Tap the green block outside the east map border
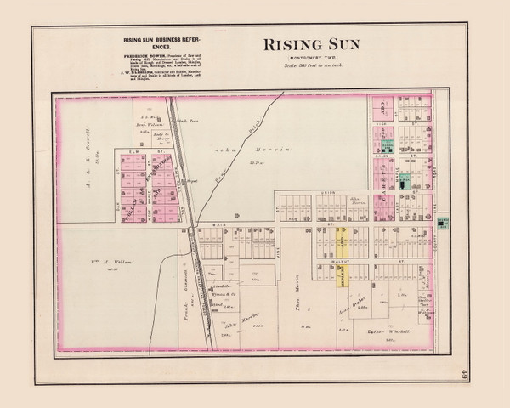tap(443, 223)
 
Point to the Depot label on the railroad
tap(192, 181)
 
